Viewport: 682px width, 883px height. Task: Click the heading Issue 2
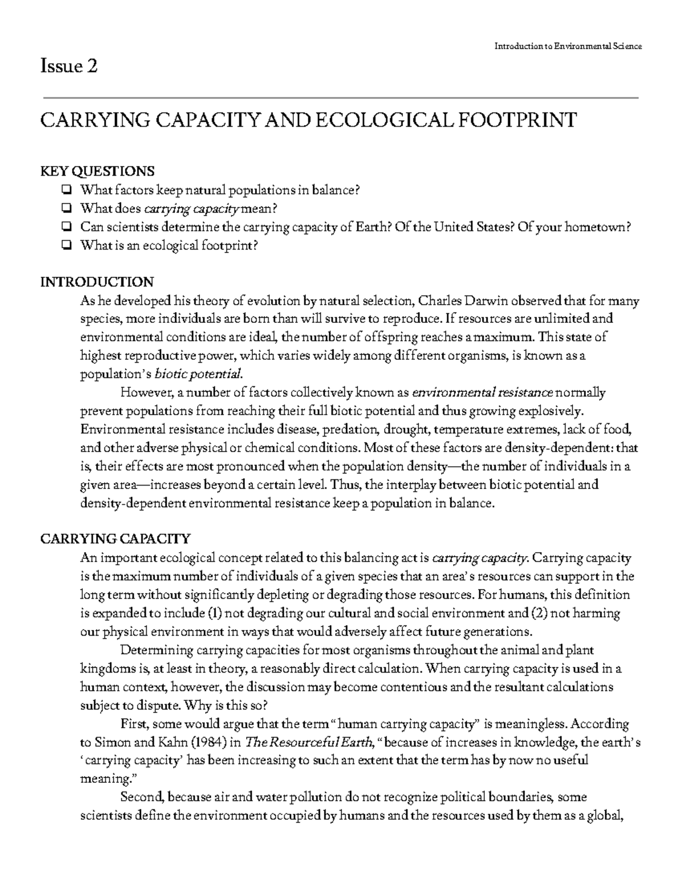pyautogui.click(x=69, y=67)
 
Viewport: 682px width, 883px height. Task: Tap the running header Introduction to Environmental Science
pyautogui.click(x=567, y=46)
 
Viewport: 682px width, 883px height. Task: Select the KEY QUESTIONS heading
pyautogui.click(x=97, y=171)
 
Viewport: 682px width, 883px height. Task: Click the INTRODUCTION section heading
pyautogui.click(x=97, y=282)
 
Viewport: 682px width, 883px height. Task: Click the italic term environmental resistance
pyautogui.click(x=482, y=392)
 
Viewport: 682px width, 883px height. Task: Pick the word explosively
pyautogui.click(x=551, y=411)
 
